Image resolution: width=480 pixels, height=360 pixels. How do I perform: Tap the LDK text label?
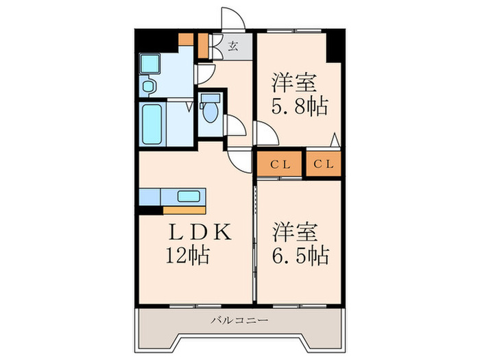[200, 232]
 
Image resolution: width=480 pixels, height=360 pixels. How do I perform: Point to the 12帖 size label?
[188, 255]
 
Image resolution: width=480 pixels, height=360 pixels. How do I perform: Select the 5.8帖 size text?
[300, 106]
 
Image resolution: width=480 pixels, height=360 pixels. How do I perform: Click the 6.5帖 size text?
[301, 255]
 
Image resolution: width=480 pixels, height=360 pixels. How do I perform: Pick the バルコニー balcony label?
[240, 320]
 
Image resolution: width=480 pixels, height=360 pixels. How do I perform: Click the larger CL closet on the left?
[279, 165]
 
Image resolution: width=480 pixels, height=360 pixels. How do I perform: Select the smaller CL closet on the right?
[324, 165]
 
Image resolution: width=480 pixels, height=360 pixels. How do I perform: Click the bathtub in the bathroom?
[152, 124]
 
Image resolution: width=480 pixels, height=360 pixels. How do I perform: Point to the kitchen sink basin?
[189, 196]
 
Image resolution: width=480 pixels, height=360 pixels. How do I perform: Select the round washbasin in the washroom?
[149, 86]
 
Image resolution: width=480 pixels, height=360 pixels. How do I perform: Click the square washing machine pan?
[149, 64]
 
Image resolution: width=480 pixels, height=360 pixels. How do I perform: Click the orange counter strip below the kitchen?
[184, 211]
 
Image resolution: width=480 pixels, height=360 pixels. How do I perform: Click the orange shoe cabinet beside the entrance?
[203, 46]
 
